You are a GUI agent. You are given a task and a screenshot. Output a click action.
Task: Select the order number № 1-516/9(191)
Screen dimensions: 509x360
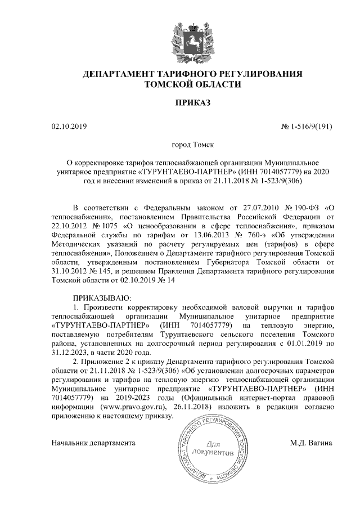[x=306, y=127]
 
